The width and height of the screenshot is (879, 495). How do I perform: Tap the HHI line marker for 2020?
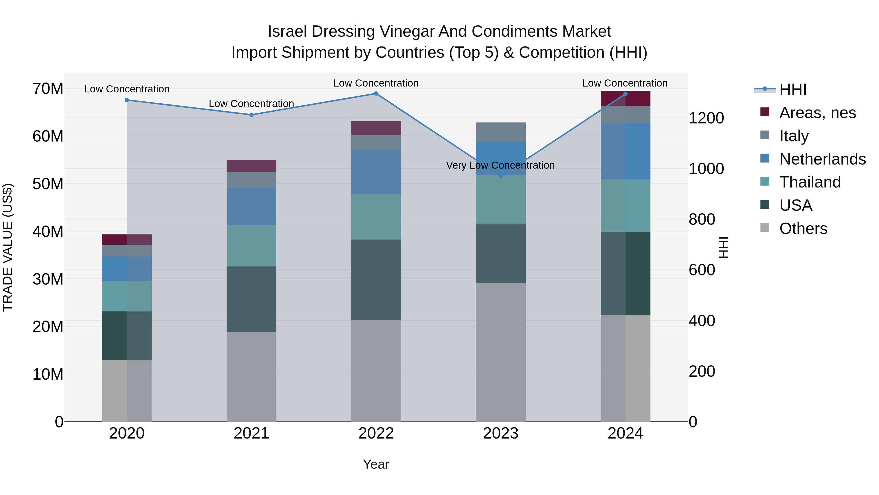(x=126, y=100)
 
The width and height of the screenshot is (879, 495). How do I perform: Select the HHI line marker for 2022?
(x=376, y=94)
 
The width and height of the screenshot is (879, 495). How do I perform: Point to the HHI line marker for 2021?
(x=251, y=115)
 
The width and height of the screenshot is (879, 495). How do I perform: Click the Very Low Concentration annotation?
(x=500, y=165)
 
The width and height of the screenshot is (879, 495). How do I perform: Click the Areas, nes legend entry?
(x=817, y=113)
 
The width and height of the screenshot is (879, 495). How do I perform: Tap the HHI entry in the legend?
(x=793, y=89)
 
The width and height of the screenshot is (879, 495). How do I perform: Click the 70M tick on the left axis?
(x=48, y=89)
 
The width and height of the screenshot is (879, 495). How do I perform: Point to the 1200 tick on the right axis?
(x=706, y=118)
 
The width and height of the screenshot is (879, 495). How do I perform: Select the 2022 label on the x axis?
(x=376, y=433)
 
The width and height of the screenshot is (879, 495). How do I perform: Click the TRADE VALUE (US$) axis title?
(x=8, y=247)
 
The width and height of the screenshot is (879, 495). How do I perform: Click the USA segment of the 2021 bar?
(x=251, y=299)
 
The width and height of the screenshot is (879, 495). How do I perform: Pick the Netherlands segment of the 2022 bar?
(x=376, y=172)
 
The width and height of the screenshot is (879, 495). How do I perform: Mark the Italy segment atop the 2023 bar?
(x=501, y=132)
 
